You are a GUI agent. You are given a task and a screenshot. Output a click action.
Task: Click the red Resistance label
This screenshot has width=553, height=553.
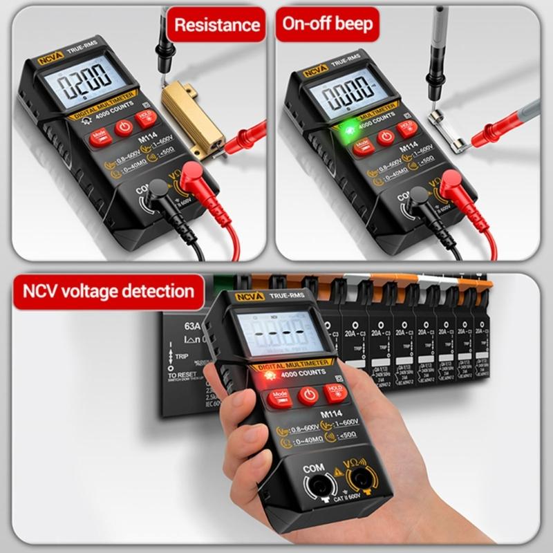[216, 26]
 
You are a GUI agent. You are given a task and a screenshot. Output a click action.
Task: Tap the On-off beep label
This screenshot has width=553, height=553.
[327, 24]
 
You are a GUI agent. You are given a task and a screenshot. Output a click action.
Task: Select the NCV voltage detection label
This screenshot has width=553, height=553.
[108, 291]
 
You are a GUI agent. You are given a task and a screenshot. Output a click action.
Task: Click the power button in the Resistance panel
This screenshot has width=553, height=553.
[123, 127]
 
